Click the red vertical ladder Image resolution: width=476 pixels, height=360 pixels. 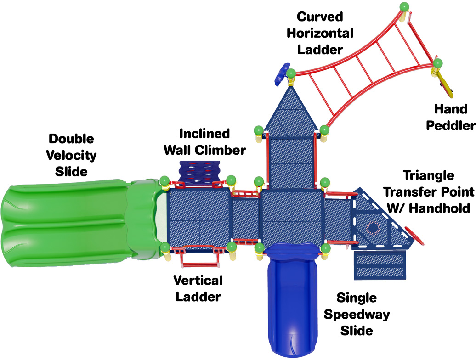click(200, 258)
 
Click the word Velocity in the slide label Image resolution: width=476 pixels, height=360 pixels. click(71, 156)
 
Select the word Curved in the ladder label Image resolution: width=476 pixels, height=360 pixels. click(320, 17)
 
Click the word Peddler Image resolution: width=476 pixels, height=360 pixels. click(451, 125)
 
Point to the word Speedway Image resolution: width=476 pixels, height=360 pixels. click(357, 315)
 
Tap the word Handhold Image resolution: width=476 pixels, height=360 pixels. click(439, 208)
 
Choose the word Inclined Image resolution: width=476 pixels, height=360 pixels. click(204, 134)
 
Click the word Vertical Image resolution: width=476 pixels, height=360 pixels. click(198, 280)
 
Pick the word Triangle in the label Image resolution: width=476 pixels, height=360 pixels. click(428, 176)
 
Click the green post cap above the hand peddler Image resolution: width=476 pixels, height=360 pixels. click(438, 63)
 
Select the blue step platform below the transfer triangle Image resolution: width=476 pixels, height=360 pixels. click(380, 264)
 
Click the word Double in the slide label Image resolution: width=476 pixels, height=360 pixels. click(71, 139)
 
